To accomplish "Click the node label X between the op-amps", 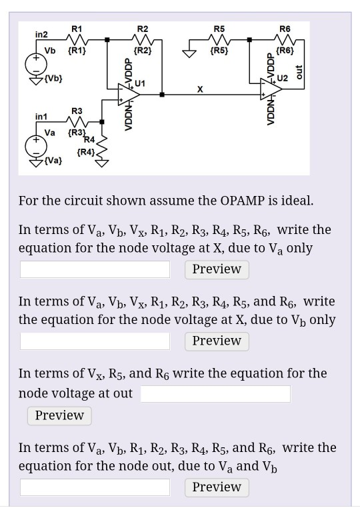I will [200, 87].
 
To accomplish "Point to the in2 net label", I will [42, 33].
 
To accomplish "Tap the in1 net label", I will [41, 117].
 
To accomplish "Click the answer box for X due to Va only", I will [95, 269].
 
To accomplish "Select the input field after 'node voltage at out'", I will [215, 393].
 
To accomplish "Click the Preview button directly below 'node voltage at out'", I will [59, 416].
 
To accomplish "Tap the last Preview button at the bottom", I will [217, 487].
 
